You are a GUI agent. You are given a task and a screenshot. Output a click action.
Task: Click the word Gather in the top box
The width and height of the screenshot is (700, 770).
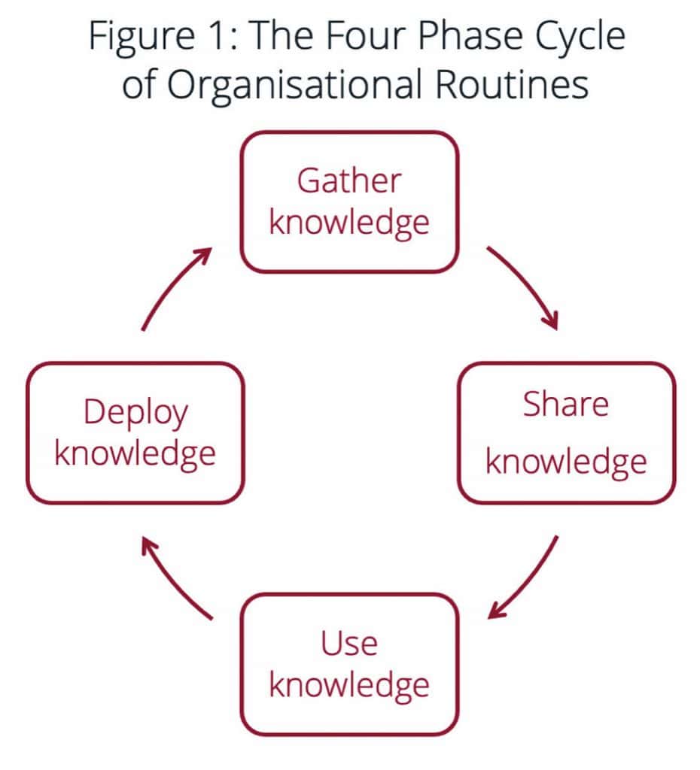pyautogui.click(x=349, y=182)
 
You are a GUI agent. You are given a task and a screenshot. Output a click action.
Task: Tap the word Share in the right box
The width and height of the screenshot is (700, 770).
pyautogui.click(x=566, y=405)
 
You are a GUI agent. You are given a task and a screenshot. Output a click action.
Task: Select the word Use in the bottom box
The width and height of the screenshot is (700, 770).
pyautogui.click(x=349, y=644)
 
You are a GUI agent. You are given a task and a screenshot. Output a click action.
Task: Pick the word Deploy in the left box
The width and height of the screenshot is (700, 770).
pyautogui.click(x=135, y=414)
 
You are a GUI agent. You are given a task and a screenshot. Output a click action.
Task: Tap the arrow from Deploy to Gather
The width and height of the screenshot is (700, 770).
pyautogui.click(x=175, y=288)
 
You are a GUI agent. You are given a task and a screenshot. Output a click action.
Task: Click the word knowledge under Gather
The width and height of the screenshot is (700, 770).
pyautogui.click(x=349, y=223)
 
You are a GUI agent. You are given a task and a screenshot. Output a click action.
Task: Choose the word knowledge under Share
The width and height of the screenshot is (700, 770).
pyautogui.click(x=566, y=462)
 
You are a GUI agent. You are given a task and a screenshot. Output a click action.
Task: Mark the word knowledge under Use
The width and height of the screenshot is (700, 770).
pyautogui.click(x=349, y=685)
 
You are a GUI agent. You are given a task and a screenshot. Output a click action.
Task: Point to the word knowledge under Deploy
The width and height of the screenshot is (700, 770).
pyautogui.click(x=135, y=454)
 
